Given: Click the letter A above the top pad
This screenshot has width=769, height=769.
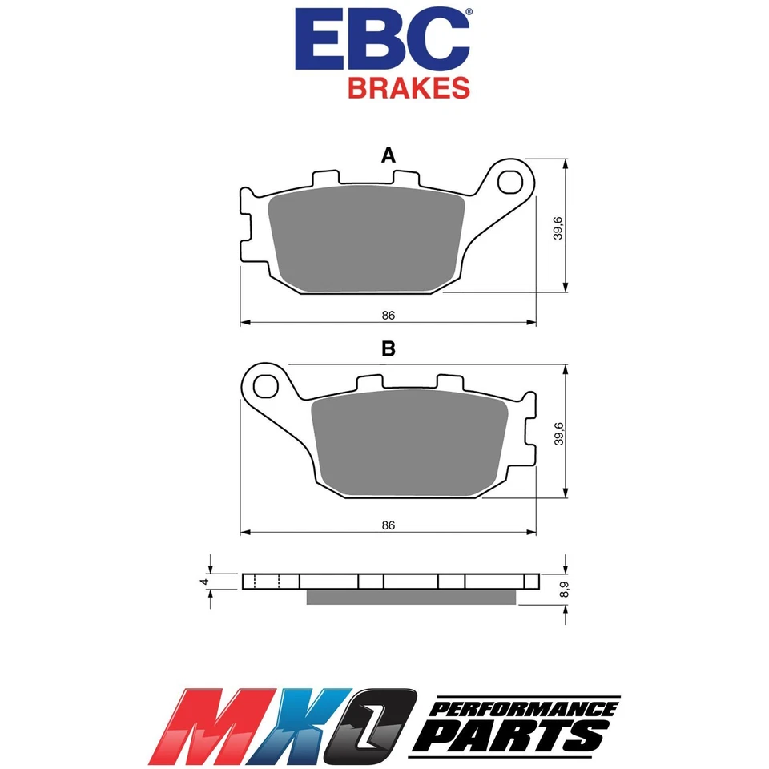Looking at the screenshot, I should pos(389,156).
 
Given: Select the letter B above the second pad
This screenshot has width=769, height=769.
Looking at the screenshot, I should pos(389,349).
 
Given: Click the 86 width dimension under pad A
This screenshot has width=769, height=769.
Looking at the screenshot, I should pos(389,315).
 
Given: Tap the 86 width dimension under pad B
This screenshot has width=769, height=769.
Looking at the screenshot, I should pos(389,525).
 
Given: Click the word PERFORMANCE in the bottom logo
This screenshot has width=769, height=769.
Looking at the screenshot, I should pos(525,709).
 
